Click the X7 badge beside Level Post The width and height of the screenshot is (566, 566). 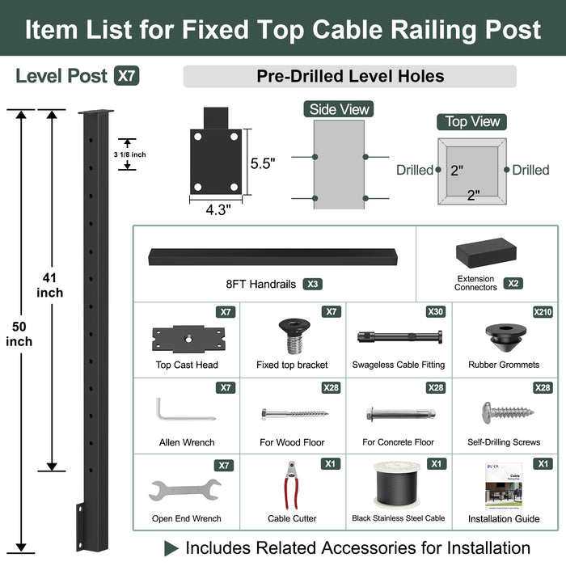point(126,76)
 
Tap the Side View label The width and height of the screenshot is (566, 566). point(339,109)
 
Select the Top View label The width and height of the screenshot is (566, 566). point(471,122)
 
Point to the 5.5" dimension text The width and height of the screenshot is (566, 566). point(263,163)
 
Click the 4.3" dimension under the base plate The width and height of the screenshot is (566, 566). point(218,209)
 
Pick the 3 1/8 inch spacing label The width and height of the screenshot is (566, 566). point(130,154)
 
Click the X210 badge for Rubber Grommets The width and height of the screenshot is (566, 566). point(543,312)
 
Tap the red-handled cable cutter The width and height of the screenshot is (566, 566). point(291,485)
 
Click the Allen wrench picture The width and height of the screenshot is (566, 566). point(185,409)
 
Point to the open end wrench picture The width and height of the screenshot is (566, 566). point(185,490)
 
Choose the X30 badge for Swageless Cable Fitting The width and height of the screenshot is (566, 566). point(435,312)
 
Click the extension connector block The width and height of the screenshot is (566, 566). point(486,252)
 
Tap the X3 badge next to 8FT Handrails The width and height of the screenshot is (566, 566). point(313,284)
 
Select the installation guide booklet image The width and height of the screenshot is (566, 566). point(504,487)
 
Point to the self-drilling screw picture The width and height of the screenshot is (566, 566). point(508,412)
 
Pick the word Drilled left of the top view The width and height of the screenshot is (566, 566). point(414,170)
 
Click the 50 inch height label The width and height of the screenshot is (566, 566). point(19,334)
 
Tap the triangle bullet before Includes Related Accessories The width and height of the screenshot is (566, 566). point(171,548)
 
